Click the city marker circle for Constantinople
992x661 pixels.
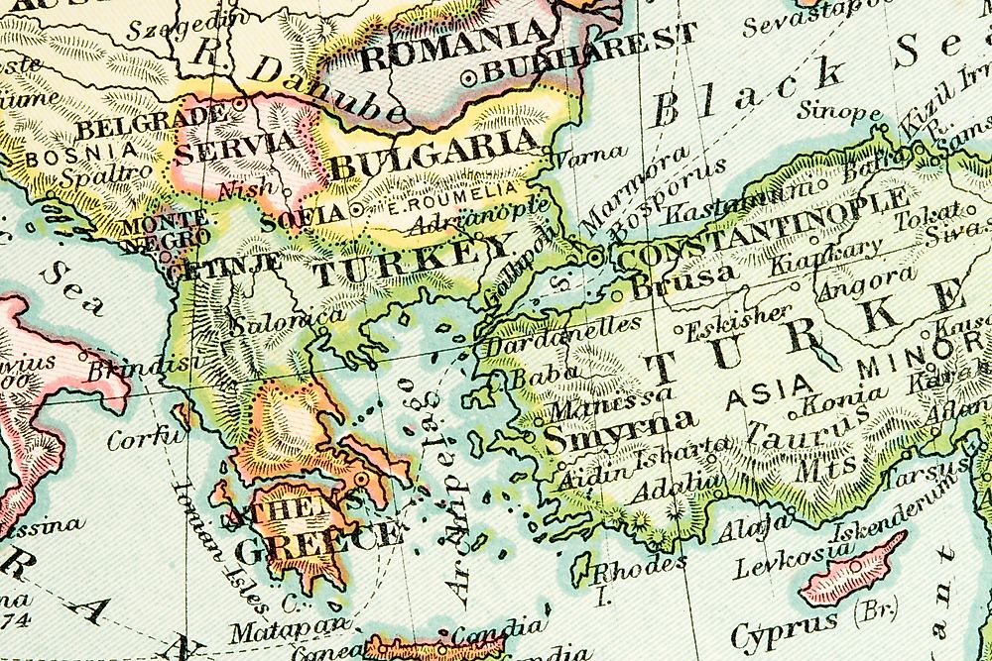point(594,259)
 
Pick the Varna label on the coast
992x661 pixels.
point(589,154)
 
